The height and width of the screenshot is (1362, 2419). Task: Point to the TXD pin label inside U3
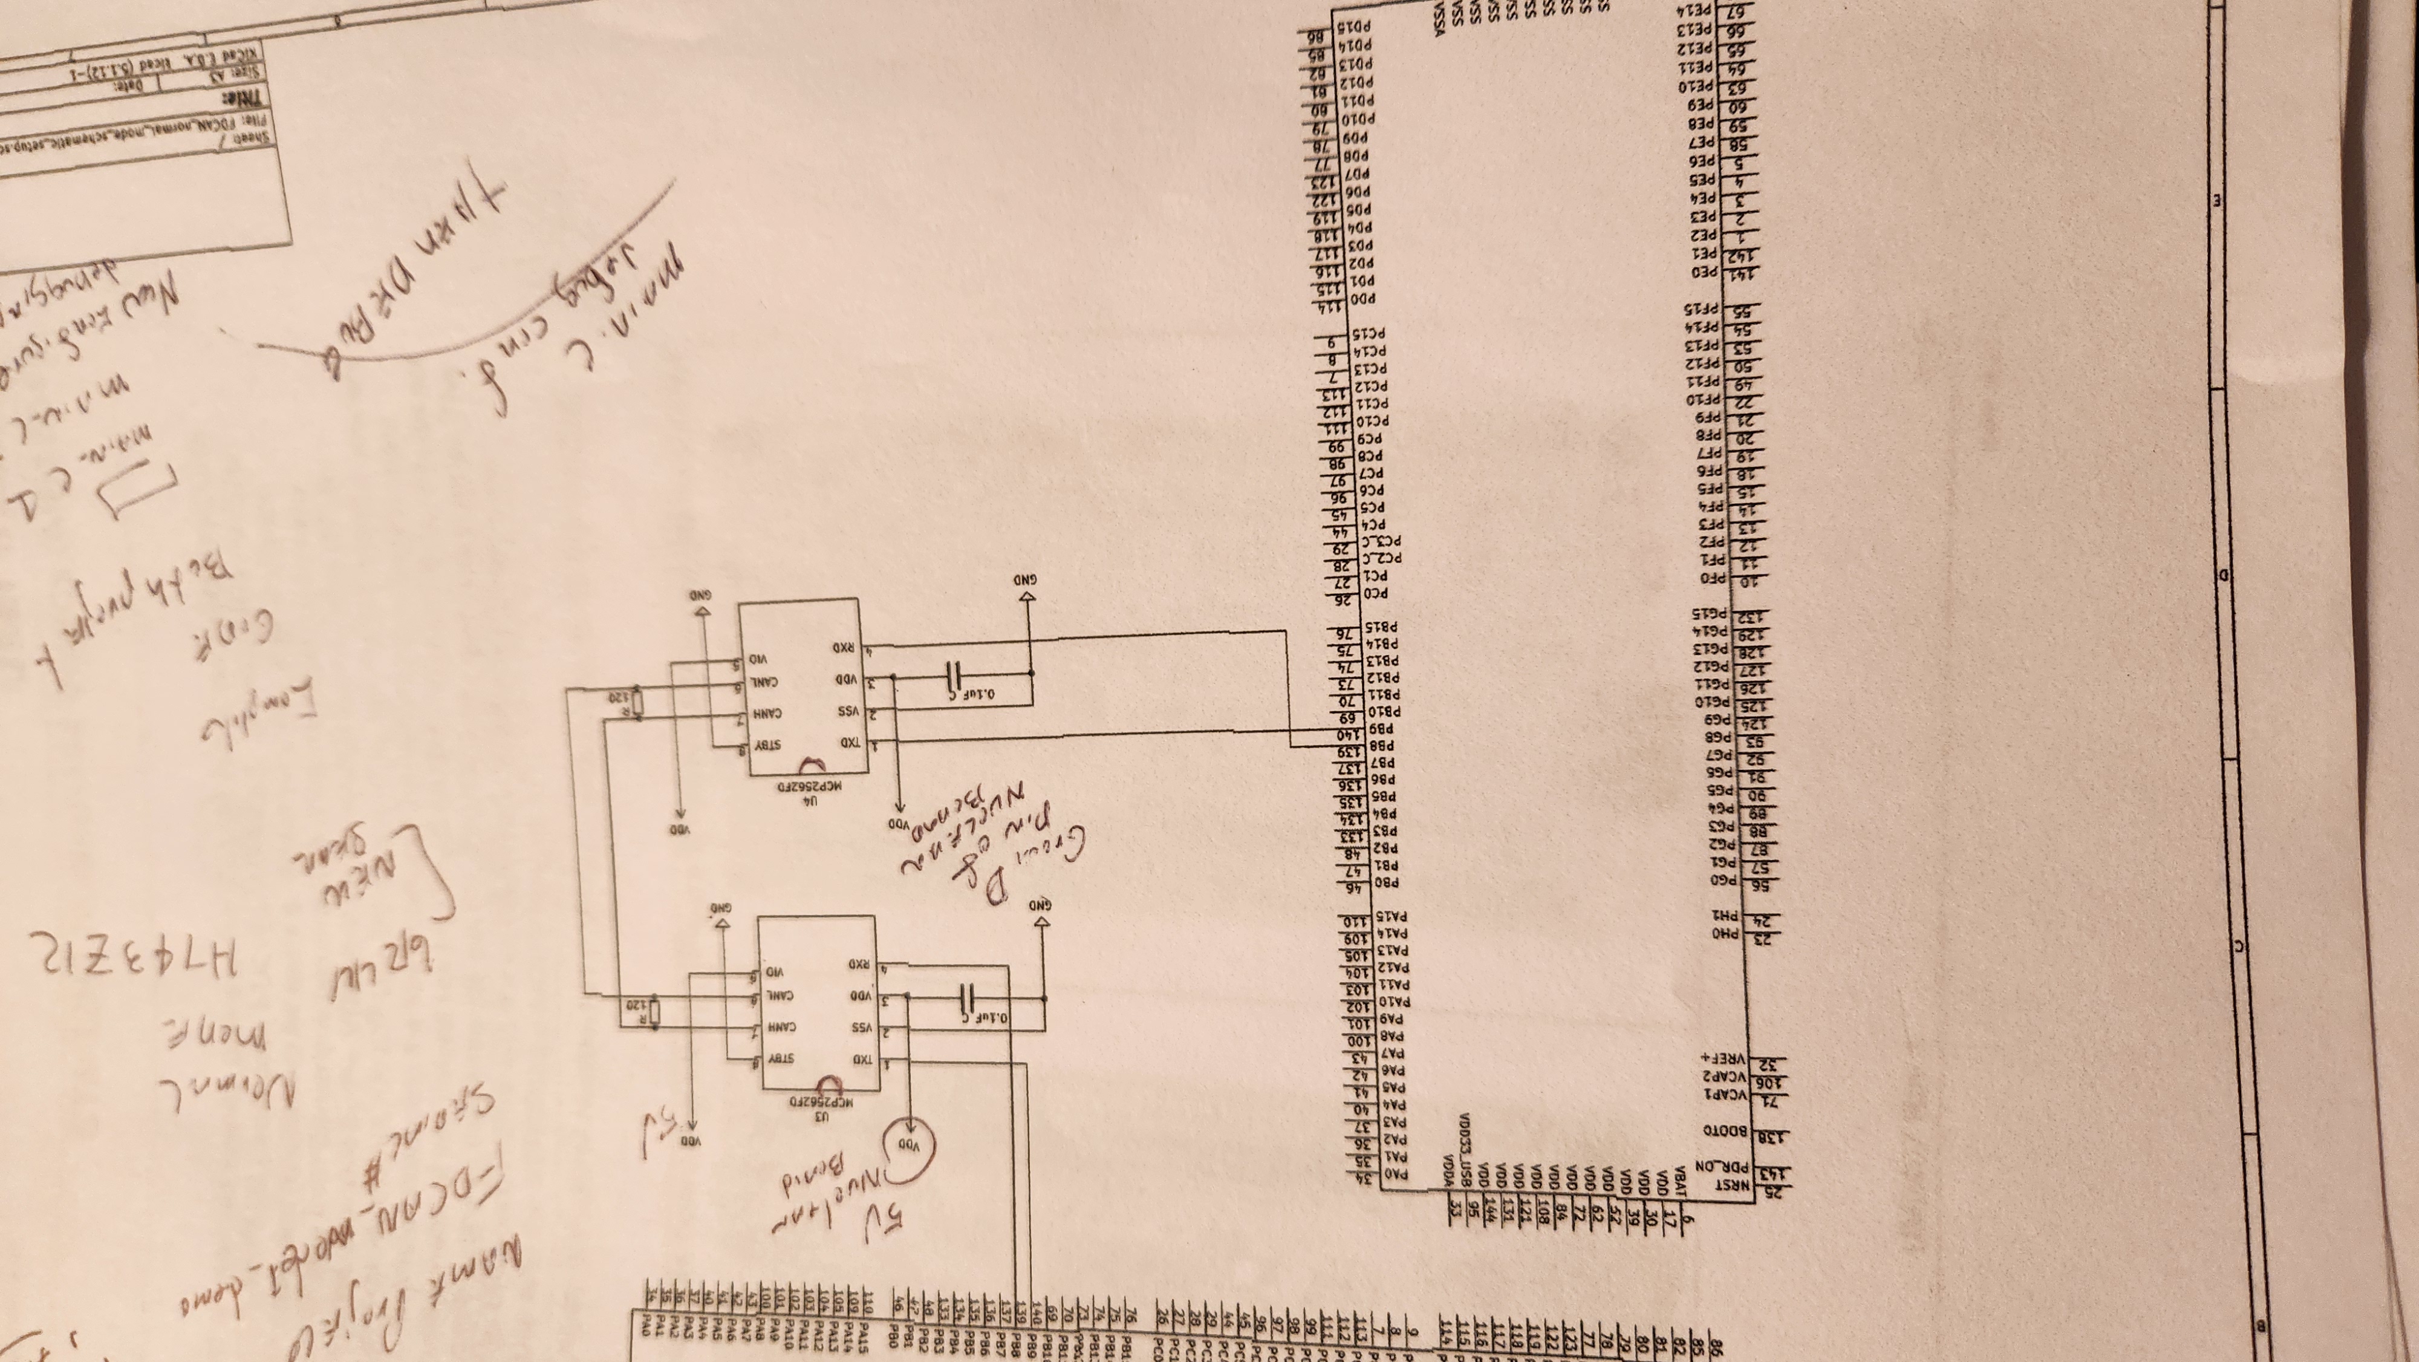[x=860, y=1060]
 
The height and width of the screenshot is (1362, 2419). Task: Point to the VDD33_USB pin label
[x=1467, y=1165]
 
